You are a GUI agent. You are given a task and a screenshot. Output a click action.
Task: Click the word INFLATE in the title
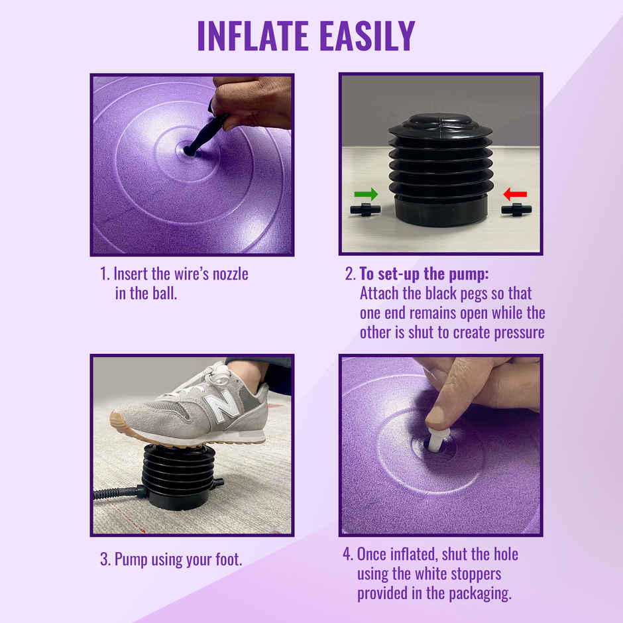point(255,36)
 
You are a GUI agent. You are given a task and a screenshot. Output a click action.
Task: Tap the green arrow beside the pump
point(366,194)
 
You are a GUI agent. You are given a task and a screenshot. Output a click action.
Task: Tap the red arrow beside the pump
point(515,194)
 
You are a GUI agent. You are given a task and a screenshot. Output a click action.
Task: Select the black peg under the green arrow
point(365,210)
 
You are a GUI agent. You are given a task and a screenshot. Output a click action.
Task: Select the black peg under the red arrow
point(516,210)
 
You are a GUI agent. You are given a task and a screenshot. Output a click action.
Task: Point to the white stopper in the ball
point(437,440)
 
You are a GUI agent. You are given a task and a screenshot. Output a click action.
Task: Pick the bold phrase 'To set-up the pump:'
point(424,274)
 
